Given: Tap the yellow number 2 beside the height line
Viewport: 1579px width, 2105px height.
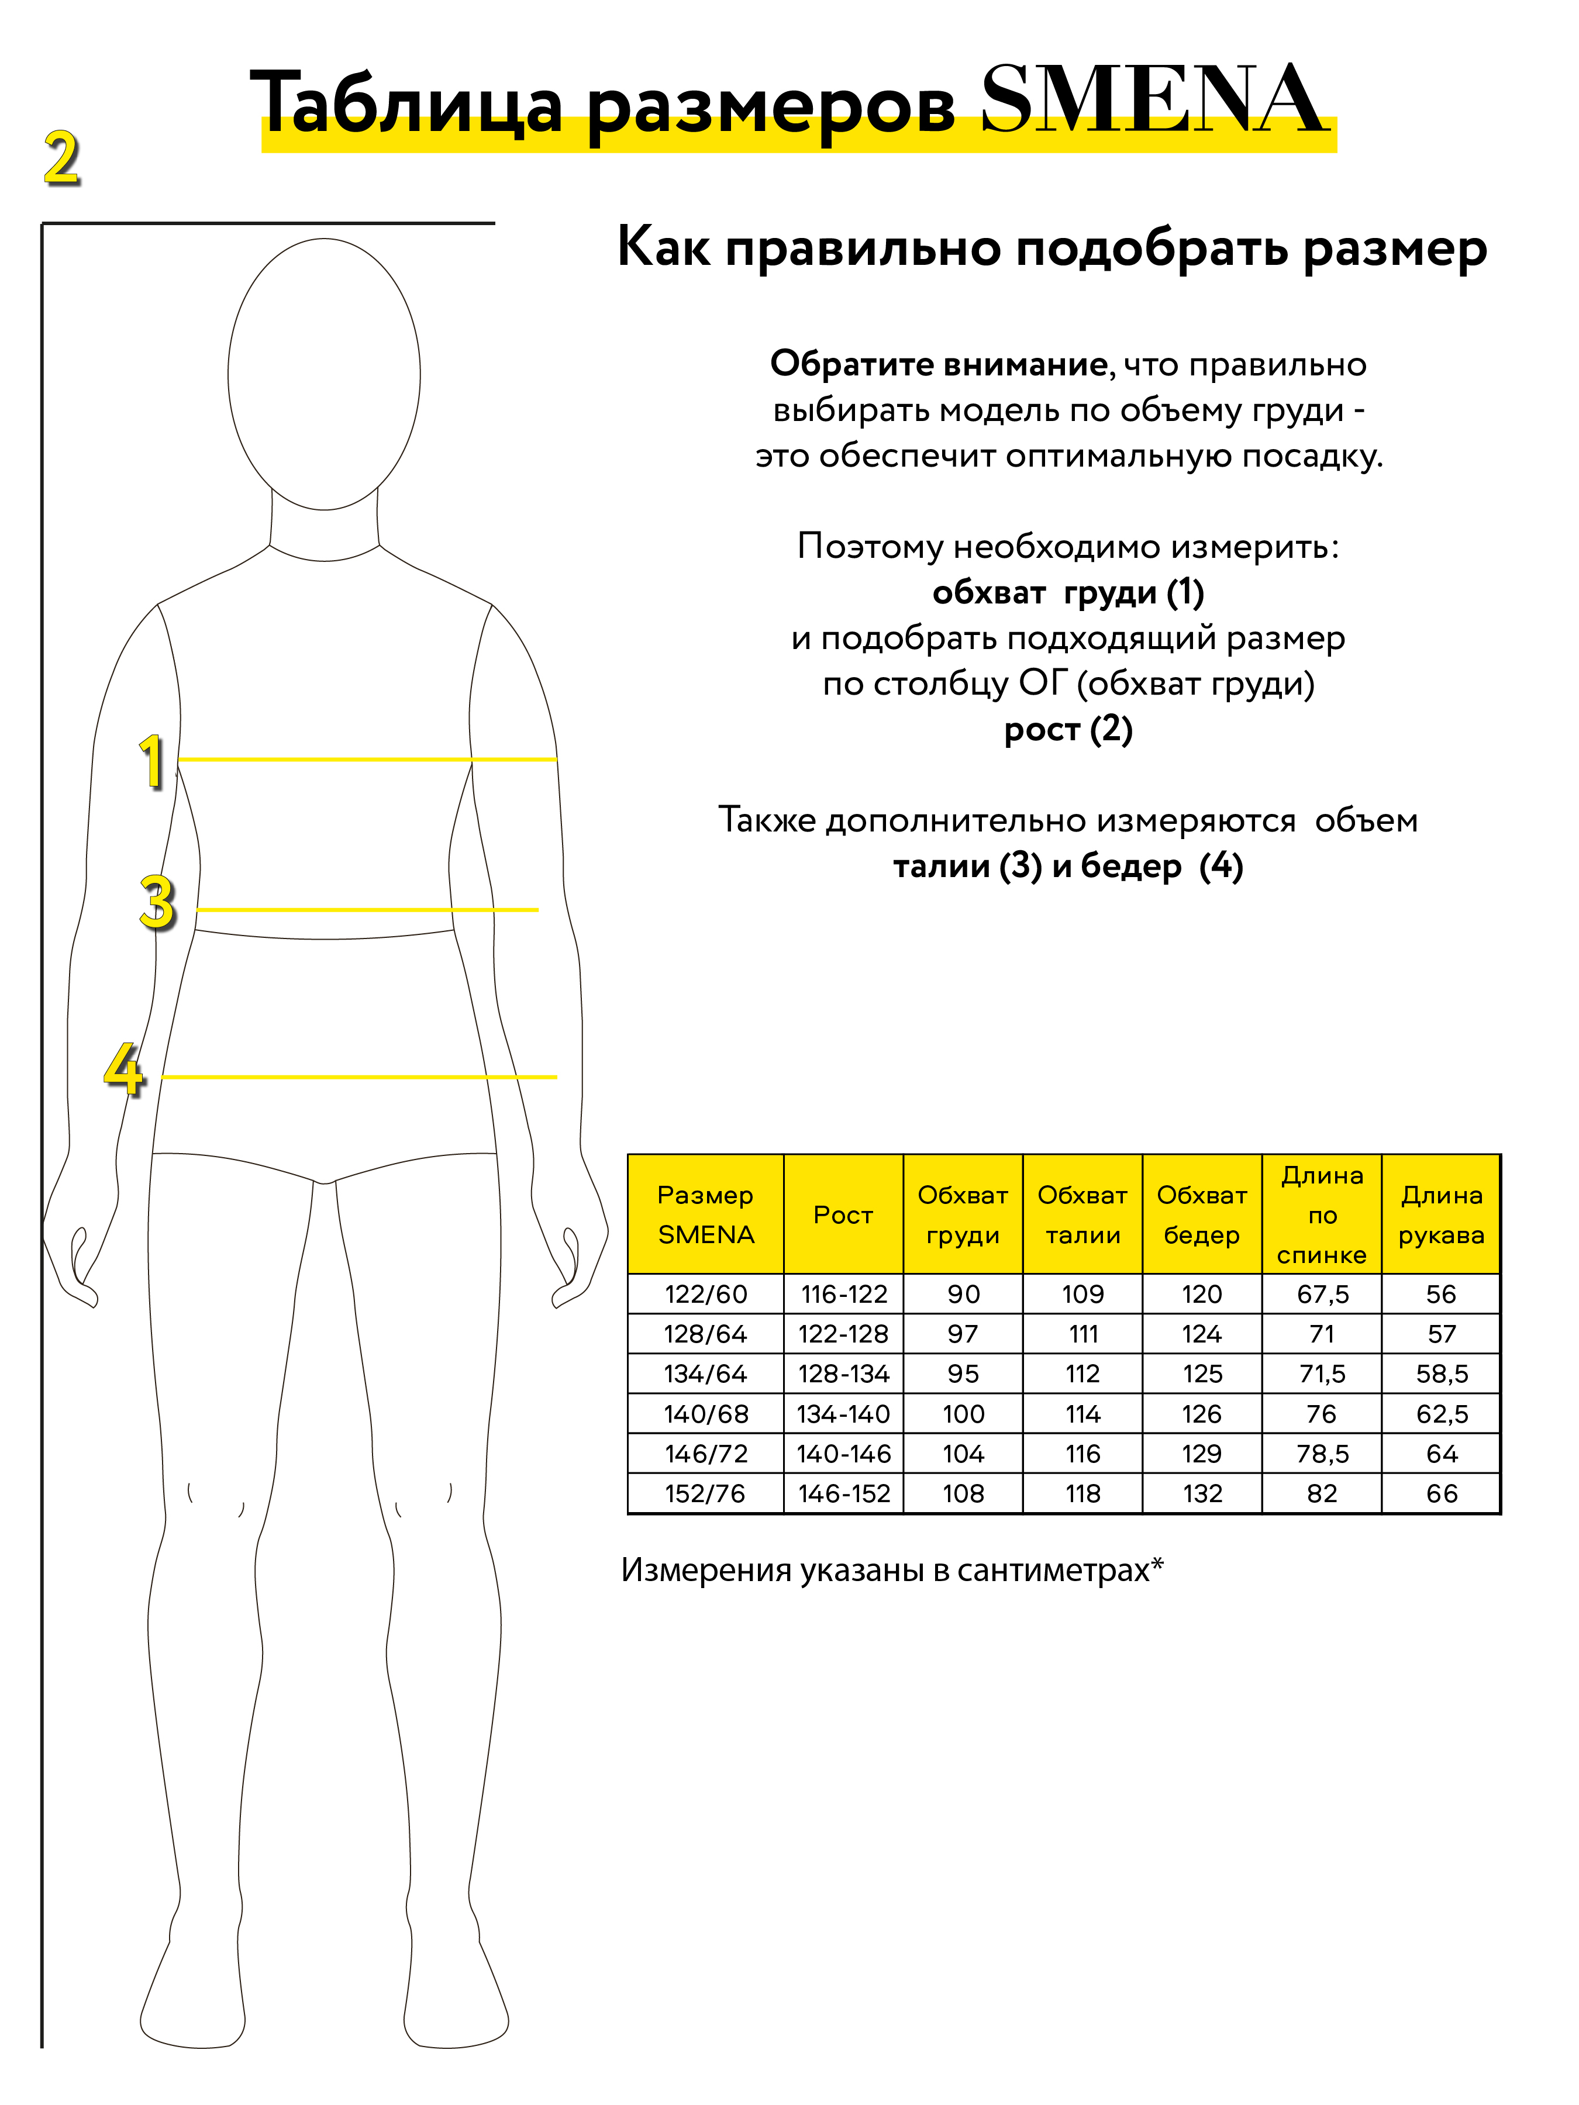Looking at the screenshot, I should (x=62, y=159).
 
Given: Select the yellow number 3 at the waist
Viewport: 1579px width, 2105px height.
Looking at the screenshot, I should (x=157, y=902).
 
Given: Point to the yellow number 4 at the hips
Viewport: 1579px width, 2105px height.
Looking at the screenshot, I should (x=124, y=1069).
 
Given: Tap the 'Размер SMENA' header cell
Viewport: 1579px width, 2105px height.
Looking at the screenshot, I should (x=705, y=1215).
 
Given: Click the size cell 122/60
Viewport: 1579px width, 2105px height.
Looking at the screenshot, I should (x=705, y=1294).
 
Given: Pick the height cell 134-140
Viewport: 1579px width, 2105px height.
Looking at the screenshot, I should (x=843, y=1414).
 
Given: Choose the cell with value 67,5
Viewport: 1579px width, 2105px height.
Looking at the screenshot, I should (x=1322, y=1294).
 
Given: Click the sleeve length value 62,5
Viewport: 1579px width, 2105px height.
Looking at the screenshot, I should (x=1441, y=1414).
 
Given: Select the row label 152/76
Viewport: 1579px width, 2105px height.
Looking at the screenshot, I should (x=705, y=1494).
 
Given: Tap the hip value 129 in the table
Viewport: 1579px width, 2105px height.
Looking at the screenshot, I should (x=1202, y=1454).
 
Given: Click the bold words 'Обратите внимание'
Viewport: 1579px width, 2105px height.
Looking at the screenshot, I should (x=937, y=364).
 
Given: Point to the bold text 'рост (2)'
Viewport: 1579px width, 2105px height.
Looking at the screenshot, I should (x=1068, y=730).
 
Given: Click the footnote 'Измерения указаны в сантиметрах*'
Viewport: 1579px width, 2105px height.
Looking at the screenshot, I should (x=892, y=1569).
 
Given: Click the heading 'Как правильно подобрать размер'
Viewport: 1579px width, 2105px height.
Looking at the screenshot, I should (x=1051, y=249).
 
